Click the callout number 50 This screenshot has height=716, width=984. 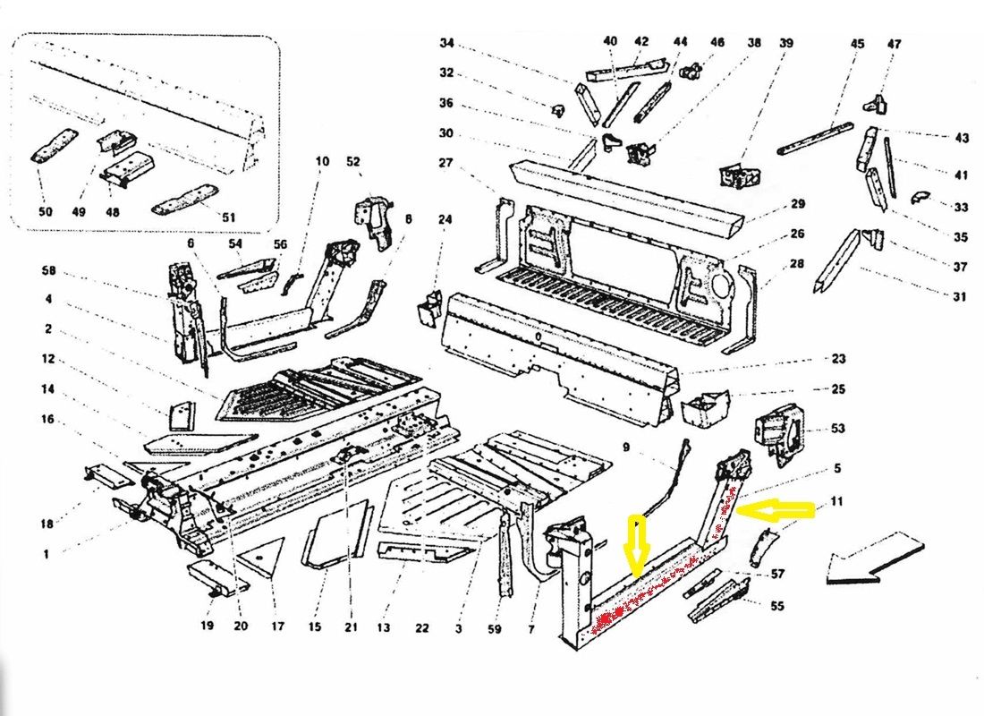coord(46,212)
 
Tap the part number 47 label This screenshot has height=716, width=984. coord(895,44)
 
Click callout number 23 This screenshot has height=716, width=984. coord(837,360)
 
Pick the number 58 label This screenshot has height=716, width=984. coord(48,271)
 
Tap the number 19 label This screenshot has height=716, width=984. coord(208,626)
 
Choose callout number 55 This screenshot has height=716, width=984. coord(776,606)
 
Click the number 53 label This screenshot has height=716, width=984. coord(837,429)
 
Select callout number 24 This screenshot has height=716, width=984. coord(445,219)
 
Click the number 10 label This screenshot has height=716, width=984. coord(322,161)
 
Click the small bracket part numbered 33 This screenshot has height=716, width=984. coord(921,198)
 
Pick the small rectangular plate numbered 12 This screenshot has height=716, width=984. coord(182,416)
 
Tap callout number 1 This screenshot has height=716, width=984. coord(46,555)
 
